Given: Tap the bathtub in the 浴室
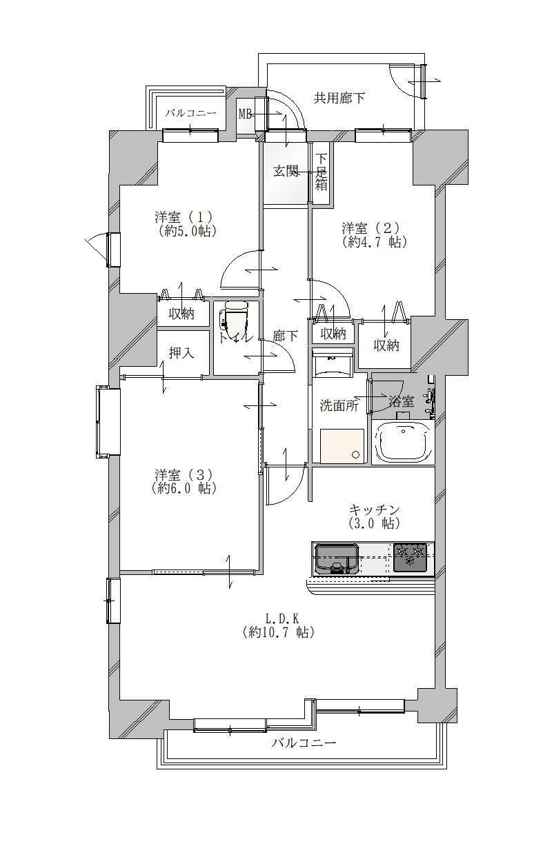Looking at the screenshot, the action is coord(404,442).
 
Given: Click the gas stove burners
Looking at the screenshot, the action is coord(410,558).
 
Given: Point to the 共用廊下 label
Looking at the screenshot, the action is coord(339,98).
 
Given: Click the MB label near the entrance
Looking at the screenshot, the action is coord(245,114).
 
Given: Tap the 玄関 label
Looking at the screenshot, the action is coord(286,171).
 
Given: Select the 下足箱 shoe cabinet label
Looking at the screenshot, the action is coord(321,172).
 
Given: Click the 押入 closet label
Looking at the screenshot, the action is coord(181,352).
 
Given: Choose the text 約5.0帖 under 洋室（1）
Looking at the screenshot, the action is coord(187,232).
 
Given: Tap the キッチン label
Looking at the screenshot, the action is coord(374,510).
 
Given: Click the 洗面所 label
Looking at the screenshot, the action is coord(339,405).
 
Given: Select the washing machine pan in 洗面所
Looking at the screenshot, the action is coord(342,445).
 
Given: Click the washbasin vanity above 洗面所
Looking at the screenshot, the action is coord(333,363).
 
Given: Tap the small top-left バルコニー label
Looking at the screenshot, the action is coord(190,113).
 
